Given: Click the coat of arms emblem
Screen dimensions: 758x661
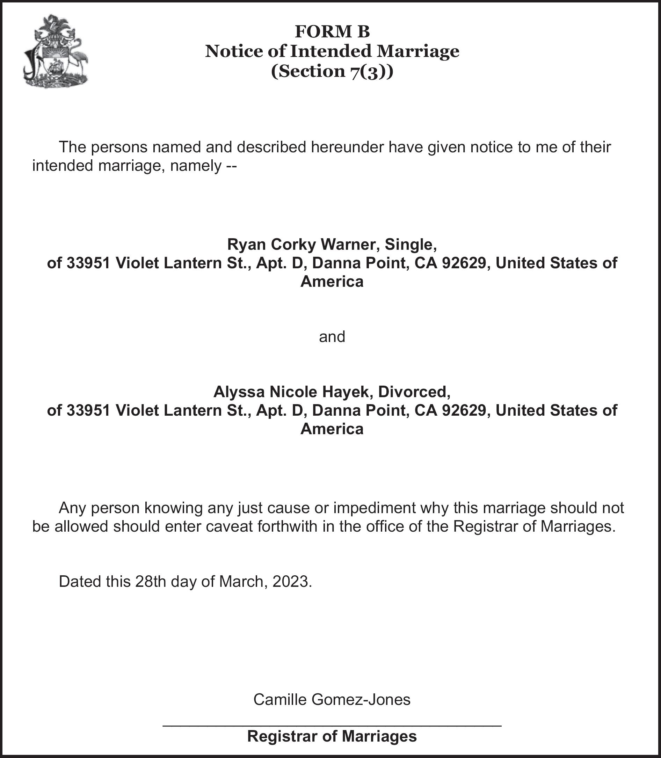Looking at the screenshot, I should pyautogui.click(x=56, y=51).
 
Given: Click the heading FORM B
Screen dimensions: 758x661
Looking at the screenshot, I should pyautogui.click(x=332, y=32).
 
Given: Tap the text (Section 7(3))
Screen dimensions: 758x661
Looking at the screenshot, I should pyautogui.click(x=332, y=71).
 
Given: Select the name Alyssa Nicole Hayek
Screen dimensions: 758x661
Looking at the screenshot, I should pyautogui.click(x=290, y=392).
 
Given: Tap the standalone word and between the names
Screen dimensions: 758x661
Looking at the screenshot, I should pyautogui.click(x=332, y=337).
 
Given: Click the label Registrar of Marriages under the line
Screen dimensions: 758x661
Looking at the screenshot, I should pyautogui.click(x=332, y=736).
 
